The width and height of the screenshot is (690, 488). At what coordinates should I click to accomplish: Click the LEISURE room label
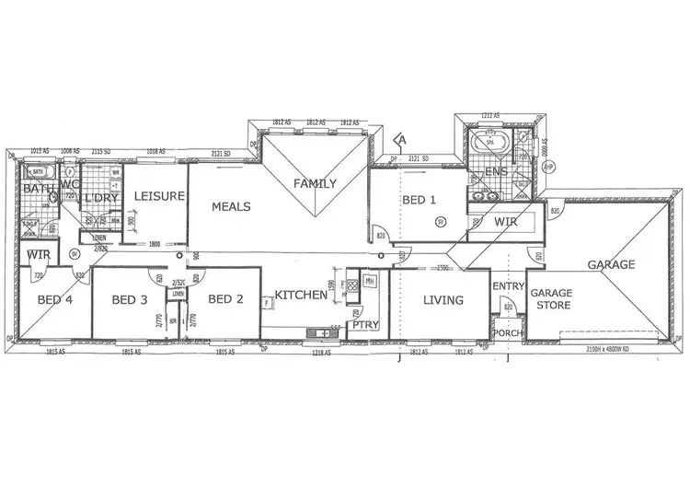click(x=160, y=196)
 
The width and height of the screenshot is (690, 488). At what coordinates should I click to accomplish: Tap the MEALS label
click(x=232, y=207)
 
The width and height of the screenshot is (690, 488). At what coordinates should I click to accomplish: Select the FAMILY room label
click(x=315, y=183)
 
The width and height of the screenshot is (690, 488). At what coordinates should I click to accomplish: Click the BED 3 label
click(x=130, y=299)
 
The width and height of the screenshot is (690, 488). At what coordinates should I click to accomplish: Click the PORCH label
click(x=506, y=332)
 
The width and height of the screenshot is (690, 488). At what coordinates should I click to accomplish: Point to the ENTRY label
click(x=508, y=287)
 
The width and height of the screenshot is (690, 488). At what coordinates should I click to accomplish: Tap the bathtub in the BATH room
click(x=39, y=171)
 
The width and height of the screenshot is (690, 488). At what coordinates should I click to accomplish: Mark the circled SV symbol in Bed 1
click(x=440, y=222)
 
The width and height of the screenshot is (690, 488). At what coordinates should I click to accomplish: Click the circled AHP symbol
click(x=549, y=167)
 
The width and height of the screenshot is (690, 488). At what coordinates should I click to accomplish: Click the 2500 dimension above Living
click(x=443, y=268)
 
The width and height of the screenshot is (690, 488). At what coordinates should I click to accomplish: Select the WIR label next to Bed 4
click(x=37, y=254)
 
